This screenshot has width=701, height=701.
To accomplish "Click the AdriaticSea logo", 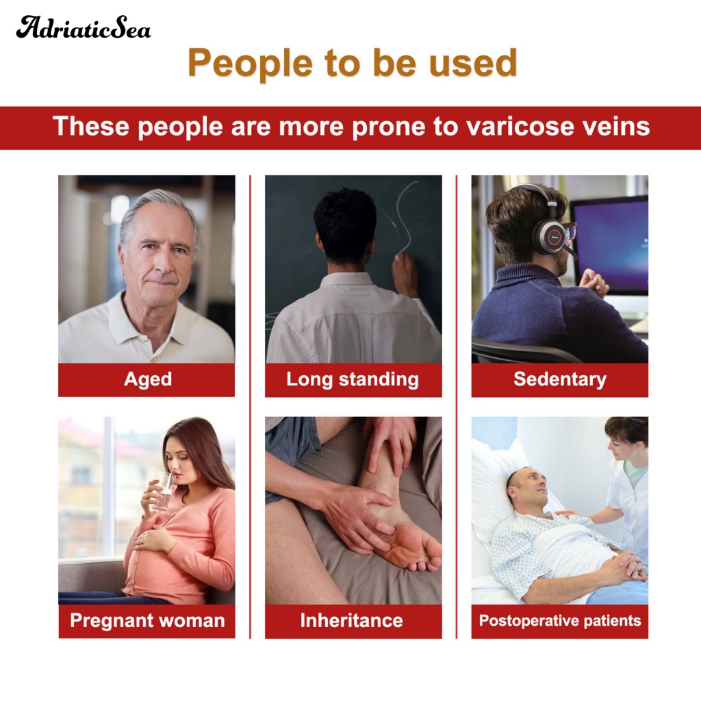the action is click(x=84, y=27).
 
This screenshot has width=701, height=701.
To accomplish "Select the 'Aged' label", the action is click(x=148, y=379).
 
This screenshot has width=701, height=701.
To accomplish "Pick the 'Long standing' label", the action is click(x=353, y=379).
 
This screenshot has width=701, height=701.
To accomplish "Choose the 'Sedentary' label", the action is click(x=560, y=379).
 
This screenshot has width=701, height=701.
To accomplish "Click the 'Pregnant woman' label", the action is click(x=148, y=620).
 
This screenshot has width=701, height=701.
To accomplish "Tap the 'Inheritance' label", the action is click(x=351, y=620).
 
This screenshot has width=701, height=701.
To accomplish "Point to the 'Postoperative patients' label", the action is click(x=560, y=620).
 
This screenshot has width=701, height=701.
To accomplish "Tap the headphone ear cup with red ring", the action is click(x=553, y=236).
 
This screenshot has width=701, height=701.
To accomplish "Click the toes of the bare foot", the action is click(x=422, y=557).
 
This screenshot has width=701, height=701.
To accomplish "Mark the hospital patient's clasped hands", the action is click(x=626, y=566).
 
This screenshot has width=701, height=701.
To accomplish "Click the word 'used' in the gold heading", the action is click(x=473, y=64).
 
